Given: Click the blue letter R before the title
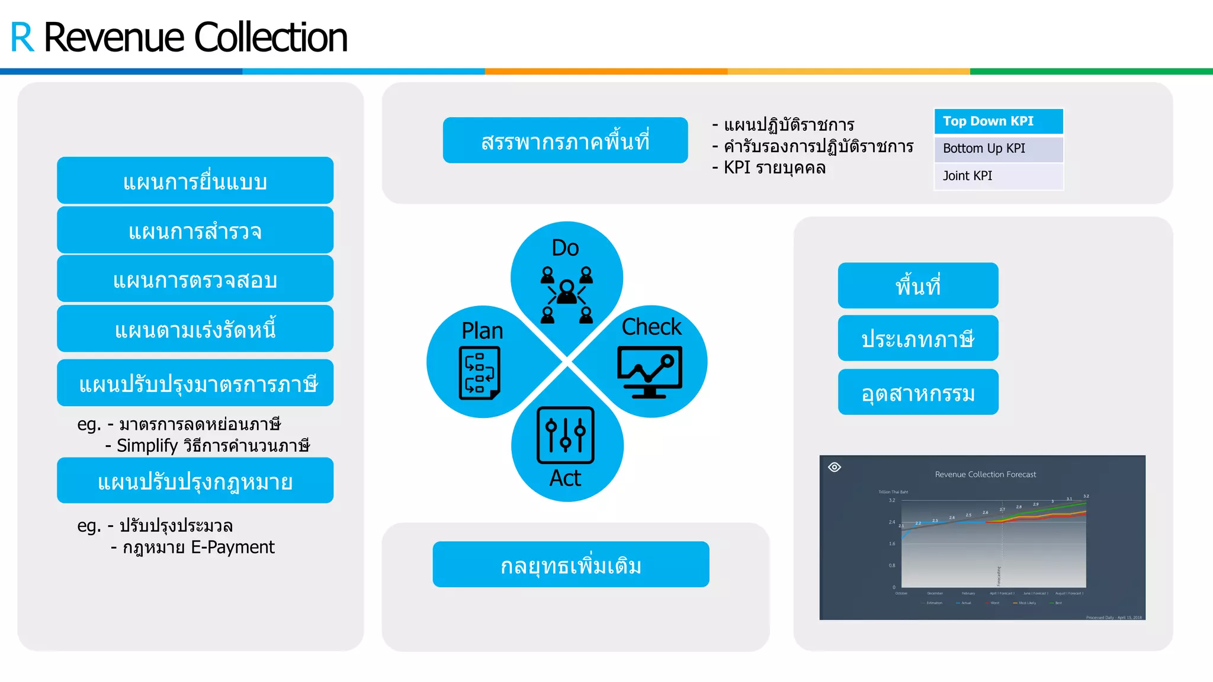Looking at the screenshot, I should pyautogui.click(x=23, y=38).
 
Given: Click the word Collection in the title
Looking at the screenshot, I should pyautogui.click(x=271, y=38).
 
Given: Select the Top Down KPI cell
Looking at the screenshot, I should pyautogui.click(x=999, y=121).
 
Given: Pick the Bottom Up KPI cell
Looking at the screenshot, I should pyautogui.click(x=999, y=149).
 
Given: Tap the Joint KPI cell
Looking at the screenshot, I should pyautogui.click(x=999, y=176).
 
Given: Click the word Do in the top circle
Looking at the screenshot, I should pyautogui.click(x=565, y=248).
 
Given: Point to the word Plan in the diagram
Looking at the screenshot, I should pyautogui.click(x=482, y=331).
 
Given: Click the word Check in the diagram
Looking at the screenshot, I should pyautogui.click(x=652, y=327).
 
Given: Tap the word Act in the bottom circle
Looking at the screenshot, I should pyautogui.click(x=565, y=478).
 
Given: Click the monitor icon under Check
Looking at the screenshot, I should pyautogui.click(x=650, y=372).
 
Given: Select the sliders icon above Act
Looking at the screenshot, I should pyautogui.click(x=565, y=435).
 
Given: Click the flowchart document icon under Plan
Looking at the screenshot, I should pyautogui.click(x=479, y=373).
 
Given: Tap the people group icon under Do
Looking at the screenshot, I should pyautogui.click(x=566, y=295).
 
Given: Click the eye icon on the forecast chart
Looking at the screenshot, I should pyautogui.click(x=835, y=467).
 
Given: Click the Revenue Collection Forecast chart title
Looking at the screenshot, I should pyautogui.click(x=985, y=474).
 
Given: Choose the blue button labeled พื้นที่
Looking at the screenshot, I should pyautogui.click(x=917, y=286).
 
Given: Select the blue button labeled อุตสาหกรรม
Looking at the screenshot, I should pyautogui.click(x=917, y=393).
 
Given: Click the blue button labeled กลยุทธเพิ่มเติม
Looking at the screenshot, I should pyautogui.click(x=570, y=565).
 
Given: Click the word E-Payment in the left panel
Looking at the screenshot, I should pyautogui.click(x=233, y=548).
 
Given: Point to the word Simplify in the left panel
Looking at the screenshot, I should pyautogui.click(x=147, y=446).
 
